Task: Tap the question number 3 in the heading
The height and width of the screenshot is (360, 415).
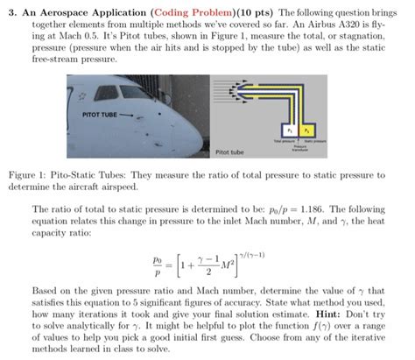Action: pos(9,10)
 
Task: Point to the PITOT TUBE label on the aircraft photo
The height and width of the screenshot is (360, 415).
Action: pos(99,115)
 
